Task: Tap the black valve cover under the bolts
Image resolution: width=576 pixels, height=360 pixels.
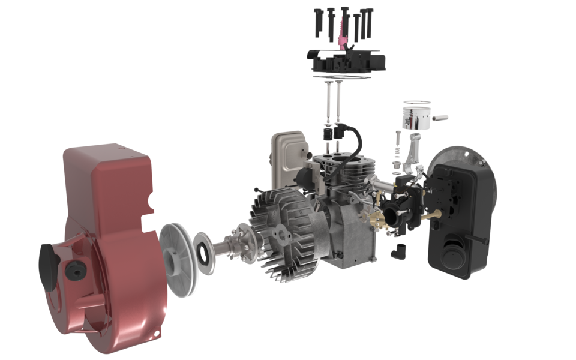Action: click(345, 62)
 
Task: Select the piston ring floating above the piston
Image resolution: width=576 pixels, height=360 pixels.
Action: click(415, 103)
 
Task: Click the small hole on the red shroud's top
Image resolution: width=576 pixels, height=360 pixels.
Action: click(122, 146)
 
